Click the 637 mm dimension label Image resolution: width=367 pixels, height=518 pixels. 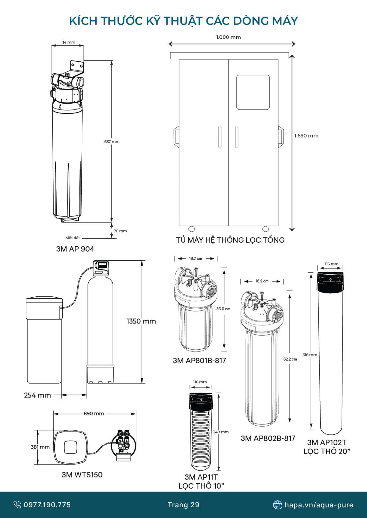[112, 142]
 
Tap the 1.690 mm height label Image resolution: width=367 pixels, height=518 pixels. [306, 136]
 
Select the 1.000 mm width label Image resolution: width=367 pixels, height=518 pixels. [228, 37]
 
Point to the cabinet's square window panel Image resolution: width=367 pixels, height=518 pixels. [253, 92]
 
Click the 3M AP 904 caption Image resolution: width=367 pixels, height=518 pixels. [75, 249]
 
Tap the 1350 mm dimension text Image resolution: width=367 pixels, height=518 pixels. [141, 321]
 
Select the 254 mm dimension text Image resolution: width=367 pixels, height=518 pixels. [38, 395]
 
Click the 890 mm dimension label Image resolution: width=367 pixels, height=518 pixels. [94, 413]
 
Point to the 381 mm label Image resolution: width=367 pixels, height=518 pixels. [40, 447]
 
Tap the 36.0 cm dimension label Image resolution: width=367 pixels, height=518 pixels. [223, 309]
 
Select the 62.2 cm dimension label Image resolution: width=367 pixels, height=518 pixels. [290, 359]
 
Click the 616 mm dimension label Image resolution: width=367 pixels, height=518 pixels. [310, 355]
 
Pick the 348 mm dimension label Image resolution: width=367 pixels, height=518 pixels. [221, 432]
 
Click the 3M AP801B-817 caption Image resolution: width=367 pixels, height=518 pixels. [199, 361]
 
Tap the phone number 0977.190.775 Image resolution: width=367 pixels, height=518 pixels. [47, 505]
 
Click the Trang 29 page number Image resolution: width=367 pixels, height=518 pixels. [183, 505]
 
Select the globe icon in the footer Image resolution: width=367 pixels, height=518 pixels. [277, 505]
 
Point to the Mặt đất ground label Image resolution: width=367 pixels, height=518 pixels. [72, 238]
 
